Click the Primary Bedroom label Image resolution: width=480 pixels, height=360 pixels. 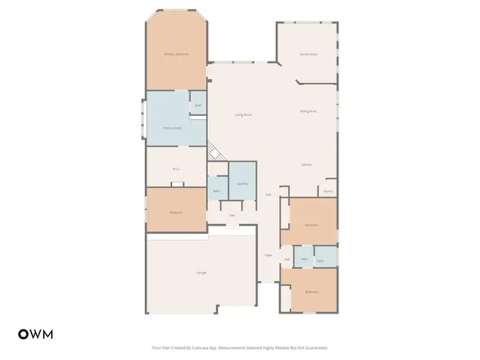[176, 54]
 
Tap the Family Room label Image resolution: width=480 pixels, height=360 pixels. [308, 54]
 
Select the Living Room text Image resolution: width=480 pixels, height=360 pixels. [243, 115]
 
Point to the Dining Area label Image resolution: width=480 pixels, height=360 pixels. [308, 111]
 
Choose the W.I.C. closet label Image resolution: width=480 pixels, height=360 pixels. [176, 169]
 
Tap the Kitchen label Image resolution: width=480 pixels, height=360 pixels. [306, 165]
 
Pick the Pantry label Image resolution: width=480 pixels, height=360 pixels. [328, 191]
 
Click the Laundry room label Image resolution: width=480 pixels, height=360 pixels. [242, 184]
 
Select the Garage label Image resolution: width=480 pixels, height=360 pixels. [201, 274]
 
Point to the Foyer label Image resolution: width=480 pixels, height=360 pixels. [269, 255]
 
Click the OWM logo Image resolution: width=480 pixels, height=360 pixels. [35, 334]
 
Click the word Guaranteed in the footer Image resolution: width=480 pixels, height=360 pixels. [315, 348]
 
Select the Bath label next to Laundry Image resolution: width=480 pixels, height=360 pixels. [216, 190]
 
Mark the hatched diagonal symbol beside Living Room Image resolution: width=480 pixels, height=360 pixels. [214, 152]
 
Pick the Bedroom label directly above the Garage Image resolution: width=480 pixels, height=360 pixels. [176, 212]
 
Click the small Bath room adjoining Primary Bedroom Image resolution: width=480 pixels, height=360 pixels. [198, 105]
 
